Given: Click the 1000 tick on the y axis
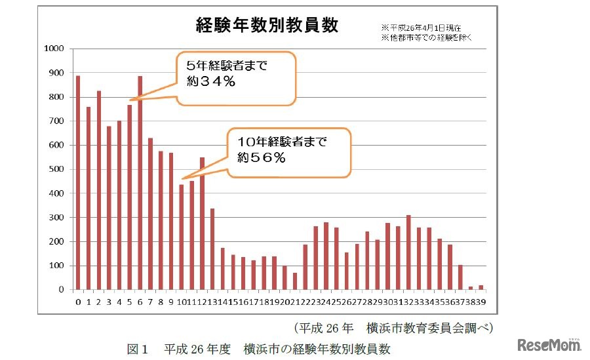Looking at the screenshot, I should click(x=53, y=49).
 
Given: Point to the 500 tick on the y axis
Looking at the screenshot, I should click(x=56, y=169).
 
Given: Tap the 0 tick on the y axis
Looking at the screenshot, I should click(x=62, y=290).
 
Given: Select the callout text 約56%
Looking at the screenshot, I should click(x=261, y=157).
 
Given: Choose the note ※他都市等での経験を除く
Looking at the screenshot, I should click(x=427, y=37).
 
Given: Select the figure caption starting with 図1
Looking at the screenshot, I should click(x=258, y=348).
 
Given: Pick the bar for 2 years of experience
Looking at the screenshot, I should click(x=99, y=190).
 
